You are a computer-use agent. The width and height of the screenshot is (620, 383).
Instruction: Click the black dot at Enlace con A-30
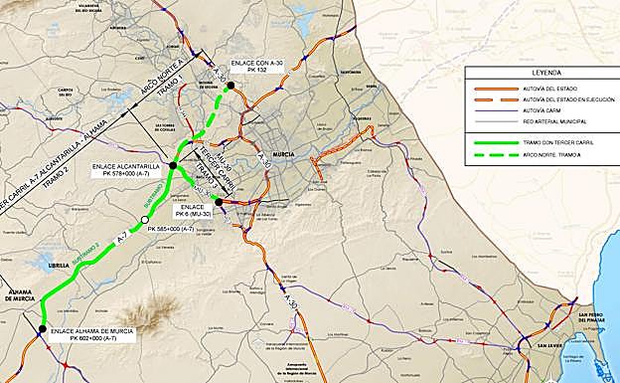click(231, 86)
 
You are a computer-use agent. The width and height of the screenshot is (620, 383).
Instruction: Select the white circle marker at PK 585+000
click(145, 220)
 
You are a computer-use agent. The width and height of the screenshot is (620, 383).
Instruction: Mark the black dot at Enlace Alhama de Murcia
click(42, 329)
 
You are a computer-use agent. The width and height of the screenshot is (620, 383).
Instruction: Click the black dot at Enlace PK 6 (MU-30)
click(218, 202)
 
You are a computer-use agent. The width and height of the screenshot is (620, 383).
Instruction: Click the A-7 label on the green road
click(121, 239)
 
